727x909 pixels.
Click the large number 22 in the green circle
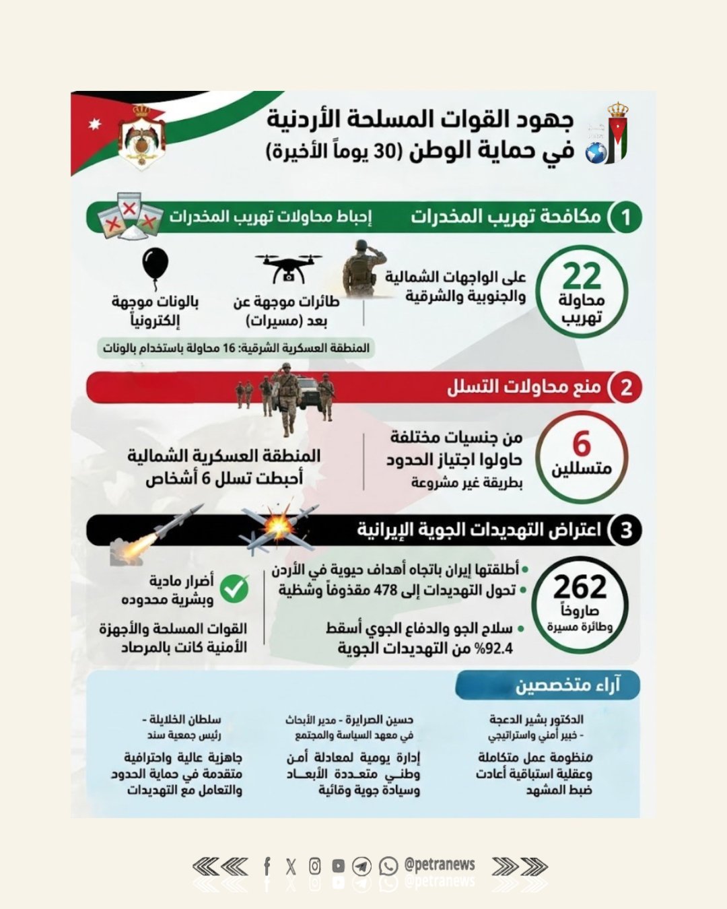[582, 276]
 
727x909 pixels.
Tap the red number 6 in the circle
[582, 444]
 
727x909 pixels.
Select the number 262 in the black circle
[580, 587]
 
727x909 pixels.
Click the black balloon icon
[155, 266]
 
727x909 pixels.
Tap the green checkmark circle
[234, 588]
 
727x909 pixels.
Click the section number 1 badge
[625, 217]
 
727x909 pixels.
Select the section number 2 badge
[625, 388]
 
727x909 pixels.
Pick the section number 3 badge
[625, 529]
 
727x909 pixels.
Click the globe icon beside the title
[595, 153]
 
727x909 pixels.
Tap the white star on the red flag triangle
[94, 124]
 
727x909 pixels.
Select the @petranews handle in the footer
[440, 865]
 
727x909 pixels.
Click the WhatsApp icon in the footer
[388, 866]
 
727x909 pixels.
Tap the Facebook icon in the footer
[267, 866]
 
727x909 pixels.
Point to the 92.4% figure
[492, 648]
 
